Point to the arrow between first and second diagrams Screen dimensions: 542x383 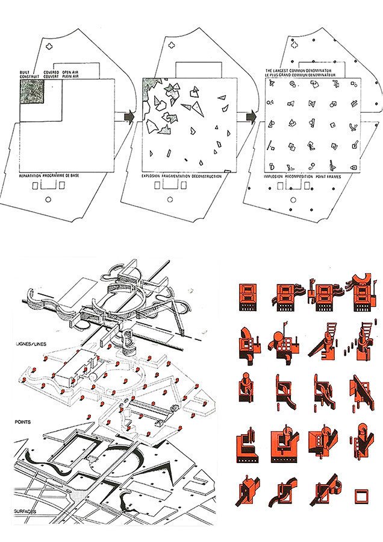(128, 117)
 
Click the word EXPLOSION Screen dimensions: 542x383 (154, 176)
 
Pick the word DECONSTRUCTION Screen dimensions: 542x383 (206, 176)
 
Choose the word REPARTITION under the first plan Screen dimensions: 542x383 (30, 175)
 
